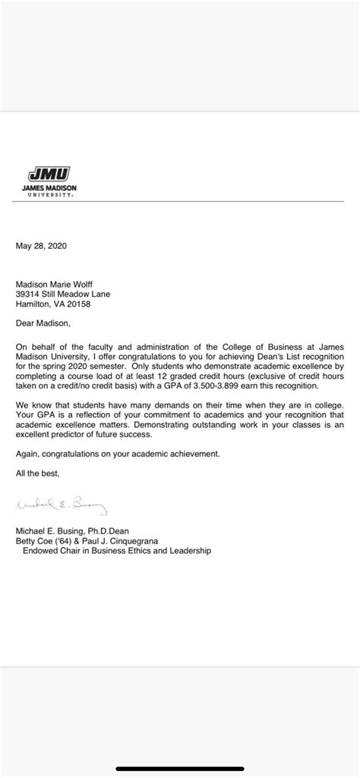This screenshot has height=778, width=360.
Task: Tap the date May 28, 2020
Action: pyautogui.click(x=42, y=246)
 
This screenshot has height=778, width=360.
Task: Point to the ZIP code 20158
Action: pyautogui.click(x=77, y=304)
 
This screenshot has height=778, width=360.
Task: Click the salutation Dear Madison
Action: pyautogui.click(x=43, y=323)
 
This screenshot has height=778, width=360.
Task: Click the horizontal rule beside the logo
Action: pyautogui.click(x=220, y=201)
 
